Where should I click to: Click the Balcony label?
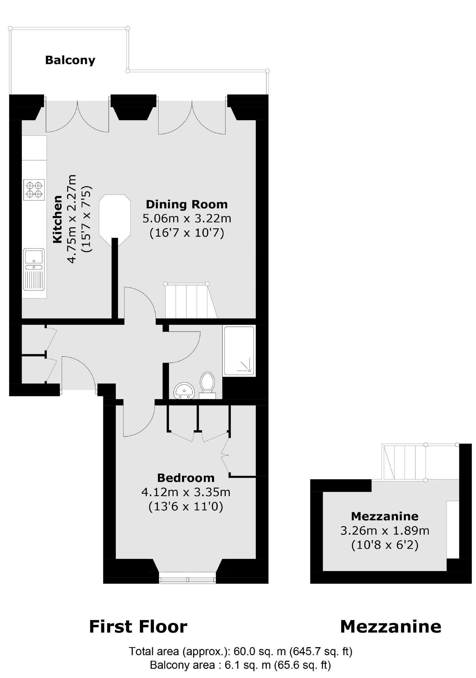click(70, 60)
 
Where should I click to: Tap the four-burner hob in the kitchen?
click(34, 190)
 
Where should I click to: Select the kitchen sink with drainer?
click(34, 269)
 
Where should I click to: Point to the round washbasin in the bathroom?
click(184, 391)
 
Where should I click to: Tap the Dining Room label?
click(187, 204)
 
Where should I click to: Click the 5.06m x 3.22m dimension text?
click(187, 219)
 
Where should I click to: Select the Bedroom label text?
click(186, 478)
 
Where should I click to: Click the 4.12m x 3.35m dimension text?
click(186, 492)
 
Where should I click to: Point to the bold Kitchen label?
click(58, 219)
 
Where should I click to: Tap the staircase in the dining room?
click(190, 301)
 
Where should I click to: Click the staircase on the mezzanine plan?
click(404, 462)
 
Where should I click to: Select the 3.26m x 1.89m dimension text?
click(384, 531)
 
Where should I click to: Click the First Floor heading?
click(138, 627)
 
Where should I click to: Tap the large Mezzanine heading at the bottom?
click(391, 627)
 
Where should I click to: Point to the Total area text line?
click(240, 651)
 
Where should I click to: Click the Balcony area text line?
click(240, 665)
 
